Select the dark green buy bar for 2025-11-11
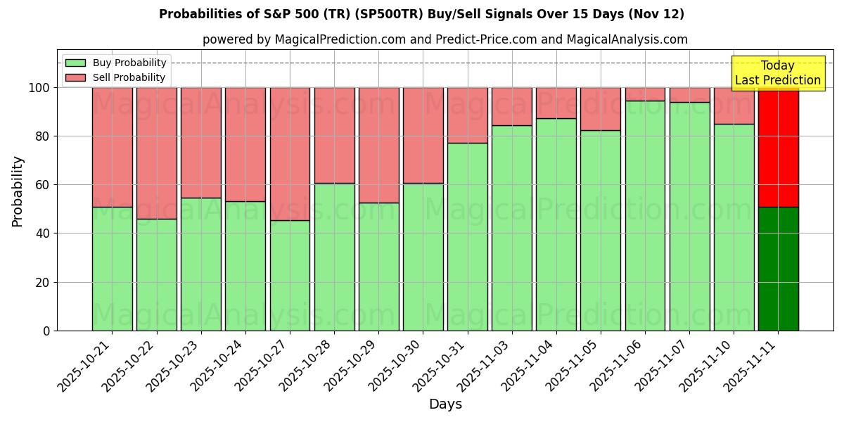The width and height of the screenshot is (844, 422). pos(778,269)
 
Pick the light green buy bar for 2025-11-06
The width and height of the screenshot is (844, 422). pos(645,215)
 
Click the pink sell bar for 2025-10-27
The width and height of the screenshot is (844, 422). pos(290,153)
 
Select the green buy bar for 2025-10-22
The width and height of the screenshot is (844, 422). pos(156,274)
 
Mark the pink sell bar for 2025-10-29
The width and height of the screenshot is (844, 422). pos(378,145)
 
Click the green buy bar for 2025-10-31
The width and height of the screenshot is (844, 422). pos(467,236)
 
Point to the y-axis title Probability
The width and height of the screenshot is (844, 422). pos(18,191)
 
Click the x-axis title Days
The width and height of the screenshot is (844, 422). pos(445,404)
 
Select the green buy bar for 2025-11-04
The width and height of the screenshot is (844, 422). pos(556,224)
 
